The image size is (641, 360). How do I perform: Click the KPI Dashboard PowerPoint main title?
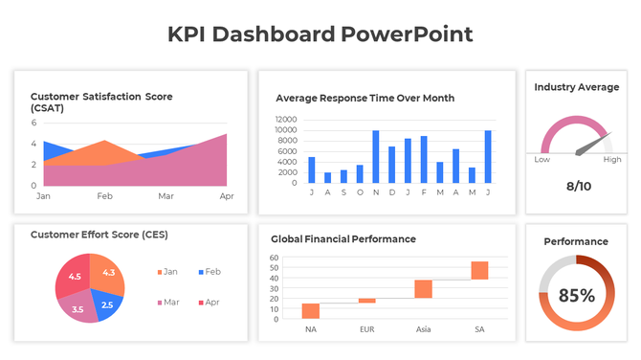[320, 34]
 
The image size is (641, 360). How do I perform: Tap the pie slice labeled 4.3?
[106, 272]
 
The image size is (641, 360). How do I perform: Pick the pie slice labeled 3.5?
[77, 308]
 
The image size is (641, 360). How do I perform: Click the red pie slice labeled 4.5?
[73, 277]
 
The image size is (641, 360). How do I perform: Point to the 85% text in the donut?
[576, 295]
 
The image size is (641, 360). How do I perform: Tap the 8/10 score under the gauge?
[578, 186]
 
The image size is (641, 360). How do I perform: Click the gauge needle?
[593, 145]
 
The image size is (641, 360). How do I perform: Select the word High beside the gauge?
[611, 160]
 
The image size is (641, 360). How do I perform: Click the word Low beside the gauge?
[542, 160]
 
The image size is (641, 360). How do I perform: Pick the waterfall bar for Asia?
[423, 289]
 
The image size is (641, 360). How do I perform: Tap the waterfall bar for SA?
[479, 270]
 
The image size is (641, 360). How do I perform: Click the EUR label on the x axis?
[366, 329]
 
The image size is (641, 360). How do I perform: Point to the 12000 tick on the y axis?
[285, 120]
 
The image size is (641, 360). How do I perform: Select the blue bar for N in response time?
[376, 156]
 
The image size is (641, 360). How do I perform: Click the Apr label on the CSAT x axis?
[227, 195]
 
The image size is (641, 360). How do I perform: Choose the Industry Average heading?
[576, 87]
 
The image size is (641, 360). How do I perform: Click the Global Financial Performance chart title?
[343, 238]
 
